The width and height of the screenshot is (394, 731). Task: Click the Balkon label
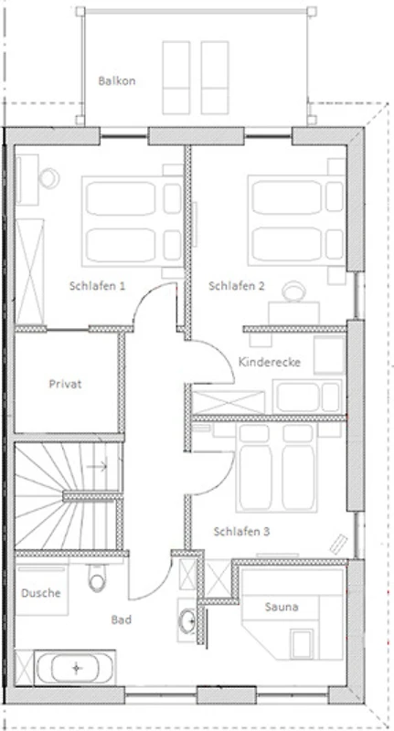click(x=117, y=80)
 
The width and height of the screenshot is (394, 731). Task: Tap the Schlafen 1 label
click(x=97, y=286)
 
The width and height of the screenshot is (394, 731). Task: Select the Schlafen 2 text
click(x=237, y=286)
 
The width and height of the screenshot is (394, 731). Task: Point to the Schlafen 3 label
click(x=241, y=532)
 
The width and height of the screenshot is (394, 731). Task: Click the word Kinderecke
click(x=270, y=362)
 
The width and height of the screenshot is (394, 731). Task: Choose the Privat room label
click(x=65, y=384)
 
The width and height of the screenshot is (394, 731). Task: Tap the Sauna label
click(x=282, y=607)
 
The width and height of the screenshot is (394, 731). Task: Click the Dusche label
click(x=41, y=593)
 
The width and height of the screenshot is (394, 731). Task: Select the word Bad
click(x=122, y=620)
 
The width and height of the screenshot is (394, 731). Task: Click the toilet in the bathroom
click(x=97, y=579)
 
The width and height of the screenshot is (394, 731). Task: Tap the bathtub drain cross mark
click(x=77, y=668)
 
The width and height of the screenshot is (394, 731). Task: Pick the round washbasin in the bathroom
click(x=188, y=620)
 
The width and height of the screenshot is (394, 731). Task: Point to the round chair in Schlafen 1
click(x=49, y=178)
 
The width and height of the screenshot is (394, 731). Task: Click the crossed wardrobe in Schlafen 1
click(x=30, y=270)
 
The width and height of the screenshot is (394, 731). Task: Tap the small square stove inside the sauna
click(x=303, y=644)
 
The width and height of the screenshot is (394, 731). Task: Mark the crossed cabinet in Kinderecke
click(x=229, y=402)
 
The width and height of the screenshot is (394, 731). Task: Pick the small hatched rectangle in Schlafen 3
click(x=339, y=544)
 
